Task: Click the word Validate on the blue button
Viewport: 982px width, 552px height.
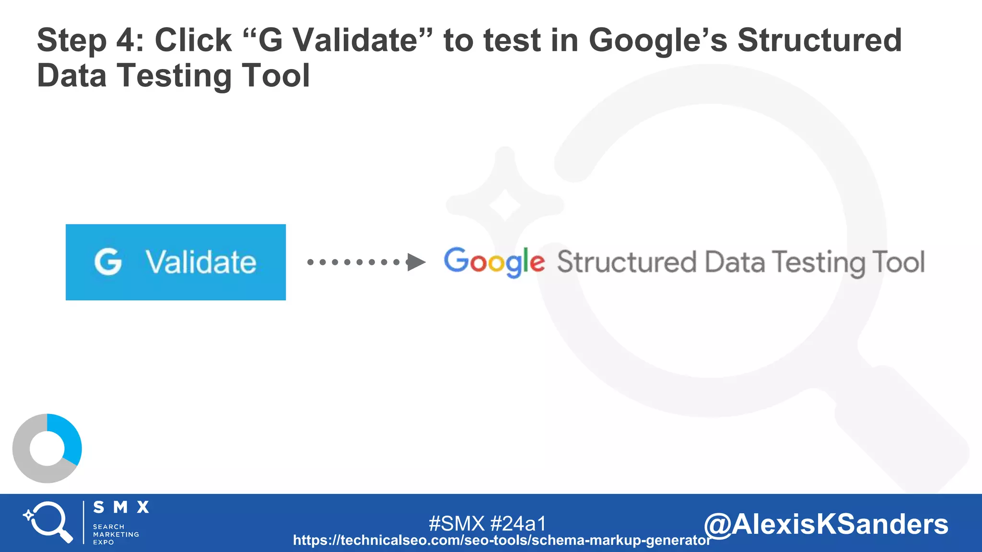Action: (x=200, y=262)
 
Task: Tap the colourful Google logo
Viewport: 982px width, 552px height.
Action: (x=494, y=262)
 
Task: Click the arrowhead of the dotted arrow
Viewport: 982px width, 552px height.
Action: (x=416, y=262)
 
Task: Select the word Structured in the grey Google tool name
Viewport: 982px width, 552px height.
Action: (x=626, y=262)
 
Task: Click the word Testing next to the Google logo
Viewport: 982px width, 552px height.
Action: (x=818, y=263)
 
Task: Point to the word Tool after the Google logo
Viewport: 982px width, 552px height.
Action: (x=898, y=262)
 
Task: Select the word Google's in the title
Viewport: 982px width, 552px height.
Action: (x=658, y=40)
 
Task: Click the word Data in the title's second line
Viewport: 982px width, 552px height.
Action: (x=71, y=76)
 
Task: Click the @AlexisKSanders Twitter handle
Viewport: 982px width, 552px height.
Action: (x=826, y=524)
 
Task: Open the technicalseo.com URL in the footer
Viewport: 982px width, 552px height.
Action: (x=502, y=540)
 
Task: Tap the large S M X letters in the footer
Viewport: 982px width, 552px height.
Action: (x=121, y=507)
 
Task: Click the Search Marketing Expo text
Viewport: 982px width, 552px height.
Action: (x=116, y=534)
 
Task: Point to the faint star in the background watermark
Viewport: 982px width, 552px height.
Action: (x=504, y=205)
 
